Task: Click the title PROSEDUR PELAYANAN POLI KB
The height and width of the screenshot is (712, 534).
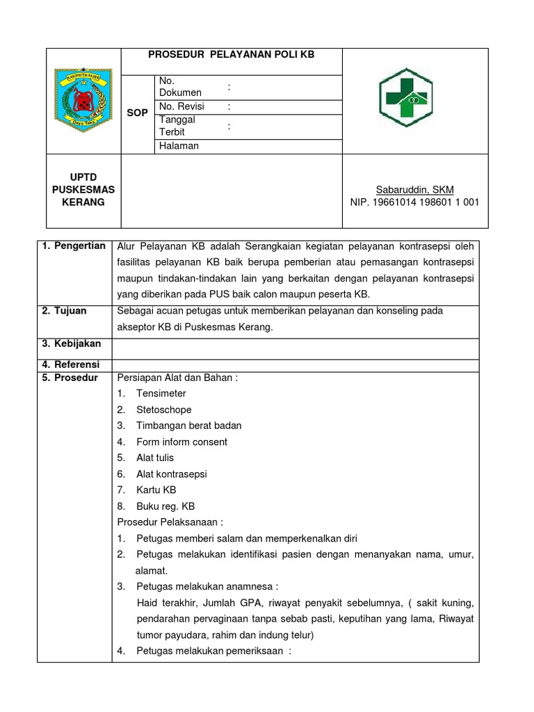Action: (232, 54)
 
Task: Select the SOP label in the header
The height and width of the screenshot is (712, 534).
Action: (137, 113)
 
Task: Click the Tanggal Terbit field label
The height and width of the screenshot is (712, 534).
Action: (177, 126)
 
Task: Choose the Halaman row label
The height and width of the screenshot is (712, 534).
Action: (179, 146)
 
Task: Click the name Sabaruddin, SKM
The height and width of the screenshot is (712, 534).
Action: (414, 189)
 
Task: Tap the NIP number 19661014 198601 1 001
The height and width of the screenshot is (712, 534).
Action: (414, 202)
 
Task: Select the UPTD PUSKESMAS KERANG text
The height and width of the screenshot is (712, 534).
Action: (83, 189)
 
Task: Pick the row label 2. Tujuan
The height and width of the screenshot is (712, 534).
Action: (64, 311)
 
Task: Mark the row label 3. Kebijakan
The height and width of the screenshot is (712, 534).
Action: (71, 343)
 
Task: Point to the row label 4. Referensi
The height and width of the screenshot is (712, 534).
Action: (70, 364)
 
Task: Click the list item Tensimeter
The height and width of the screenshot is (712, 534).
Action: (161, 394)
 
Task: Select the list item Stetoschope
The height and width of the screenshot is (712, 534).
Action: (163, 410)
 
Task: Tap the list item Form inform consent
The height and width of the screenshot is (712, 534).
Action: (181, 442)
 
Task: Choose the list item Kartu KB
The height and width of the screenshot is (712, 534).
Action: (156, 490)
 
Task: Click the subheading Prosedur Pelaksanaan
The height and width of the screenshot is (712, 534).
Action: (171, 522)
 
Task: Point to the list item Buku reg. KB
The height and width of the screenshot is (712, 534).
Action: (165, 506)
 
